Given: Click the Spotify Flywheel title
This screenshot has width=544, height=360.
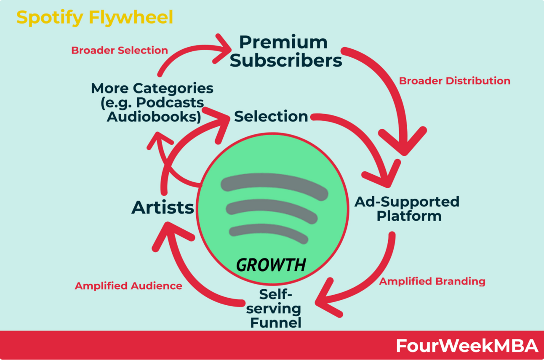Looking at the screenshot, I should (95, 18).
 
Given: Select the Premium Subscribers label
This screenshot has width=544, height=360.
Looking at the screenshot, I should (286, 51).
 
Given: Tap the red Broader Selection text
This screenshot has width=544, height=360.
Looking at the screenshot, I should (120, 51).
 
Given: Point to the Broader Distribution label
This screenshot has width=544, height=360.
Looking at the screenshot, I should (454, 81).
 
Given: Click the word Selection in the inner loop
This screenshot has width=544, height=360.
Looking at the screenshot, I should (271, 116).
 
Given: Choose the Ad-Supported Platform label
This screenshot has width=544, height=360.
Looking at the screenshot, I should (407, 209).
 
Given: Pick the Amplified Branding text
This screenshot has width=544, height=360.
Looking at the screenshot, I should (432, 281).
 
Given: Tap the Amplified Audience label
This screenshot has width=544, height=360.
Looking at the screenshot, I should (128, 286).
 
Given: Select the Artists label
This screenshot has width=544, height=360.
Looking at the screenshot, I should (163, 208).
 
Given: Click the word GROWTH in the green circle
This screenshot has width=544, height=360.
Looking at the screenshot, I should (271, 265).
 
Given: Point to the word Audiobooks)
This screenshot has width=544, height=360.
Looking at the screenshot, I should (154, 117).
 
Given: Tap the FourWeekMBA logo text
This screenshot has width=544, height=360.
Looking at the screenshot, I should (467, 346).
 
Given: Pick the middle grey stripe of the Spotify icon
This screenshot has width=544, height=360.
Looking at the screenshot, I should (272, 211).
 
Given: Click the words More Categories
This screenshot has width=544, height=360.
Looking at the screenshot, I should (152, 88).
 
